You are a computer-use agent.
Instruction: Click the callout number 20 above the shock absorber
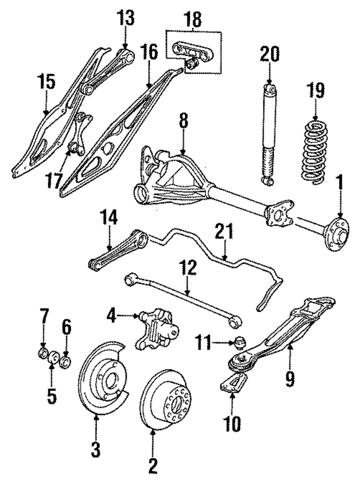269,56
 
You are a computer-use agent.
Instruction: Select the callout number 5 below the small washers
52,396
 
